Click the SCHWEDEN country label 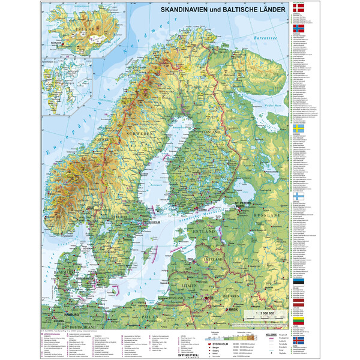pos(140,135)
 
